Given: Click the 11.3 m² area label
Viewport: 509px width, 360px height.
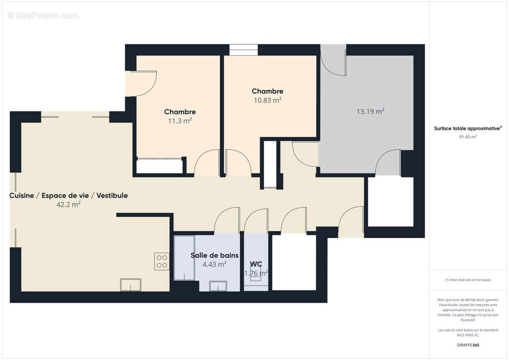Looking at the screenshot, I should tap(180, 121).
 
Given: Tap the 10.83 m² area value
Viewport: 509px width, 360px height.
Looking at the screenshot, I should tap(267, 100).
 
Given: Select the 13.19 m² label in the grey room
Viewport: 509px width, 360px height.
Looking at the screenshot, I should tap(370, 112).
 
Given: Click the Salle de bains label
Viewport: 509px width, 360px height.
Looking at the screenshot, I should tap(214, 255).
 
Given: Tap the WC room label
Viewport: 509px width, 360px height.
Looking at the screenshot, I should tap(256, 264).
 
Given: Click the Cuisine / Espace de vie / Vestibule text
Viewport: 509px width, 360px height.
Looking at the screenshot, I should tap(68, 195).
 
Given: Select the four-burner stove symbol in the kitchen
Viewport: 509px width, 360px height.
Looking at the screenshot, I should tap(162, 261).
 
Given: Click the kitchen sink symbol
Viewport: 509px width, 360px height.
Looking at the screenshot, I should tap(131, 285).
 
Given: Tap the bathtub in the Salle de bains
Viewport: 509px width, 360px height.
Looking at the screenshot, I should tap(185, 258).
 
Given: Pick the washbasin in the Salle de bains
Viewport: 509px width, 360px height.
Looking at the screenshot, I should tap(219, 286).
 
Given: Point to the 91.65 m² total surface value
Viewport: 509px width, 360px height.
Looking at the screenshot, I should tap(468, 137).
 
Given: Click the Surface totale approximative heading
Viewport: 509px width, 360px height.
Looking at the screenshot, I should tap(468, 128).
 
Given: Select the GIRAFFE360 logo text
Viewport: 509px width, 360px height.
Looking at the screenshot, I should tap(468, 345).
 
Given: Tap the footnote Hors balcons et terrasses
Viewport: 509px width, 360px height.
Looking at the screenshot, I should tap(468, 280).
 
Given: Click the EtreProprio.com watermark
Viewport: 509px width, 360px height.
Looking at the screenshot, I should tap(43, 16).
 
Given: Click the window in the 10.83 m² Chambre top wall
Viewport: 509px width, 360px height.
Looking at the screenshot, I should tap(243, 49).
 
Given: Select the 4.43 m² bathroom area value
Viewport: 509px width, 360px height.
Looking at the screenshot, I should tap(214, 265).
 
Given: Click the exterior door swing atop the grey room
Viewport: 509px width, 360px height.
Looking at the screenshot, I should tap(333, 61).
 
